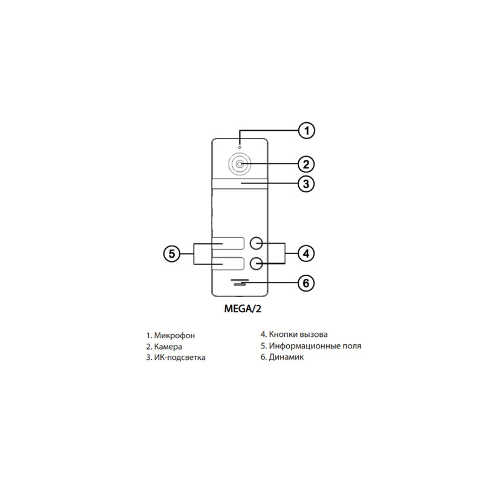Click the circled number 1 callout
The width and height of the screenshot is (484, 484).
306,131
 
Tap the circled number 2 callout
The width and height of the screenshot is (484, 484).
306,164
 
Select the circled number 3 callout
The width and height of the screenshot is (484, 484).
306,184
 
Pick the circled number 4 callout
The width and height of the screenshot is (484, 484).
306,253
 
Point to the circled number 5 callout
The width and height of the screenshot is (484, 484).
172,253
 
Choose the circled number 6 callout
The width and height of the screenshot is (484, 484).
306,283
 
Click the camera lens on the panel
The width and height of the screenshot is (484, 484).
240,164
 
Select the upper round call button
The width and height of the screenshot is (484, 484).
256,243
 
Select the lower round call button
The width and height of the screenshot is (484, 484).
256,264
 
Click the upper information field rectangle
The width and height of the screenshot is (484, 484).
228,243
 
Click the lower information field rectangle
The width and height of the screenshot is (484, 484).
228,264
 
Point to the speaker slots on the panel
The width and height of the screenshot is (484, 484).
240,282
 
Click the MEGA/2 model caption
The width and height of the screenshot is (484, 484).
243,309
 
